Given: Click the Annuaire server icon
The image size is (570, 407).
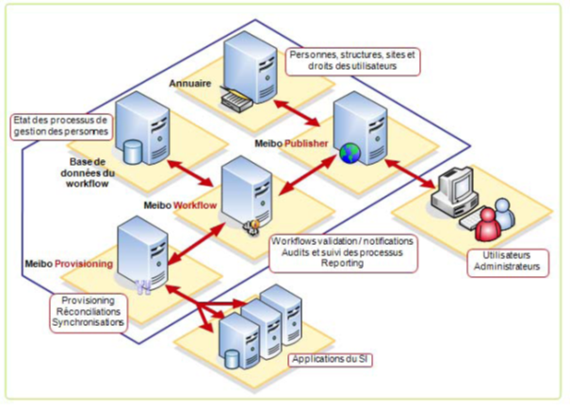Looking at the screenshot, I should coord(248,63).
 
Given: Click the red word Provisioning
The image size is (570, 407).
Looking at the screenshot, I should coord(98,264).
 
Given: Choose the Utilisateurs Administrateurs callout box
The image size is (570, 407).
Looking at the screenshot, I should coord(506,261).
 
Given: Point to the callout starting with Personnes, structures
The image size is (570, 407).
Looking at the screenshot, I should coord(351,60).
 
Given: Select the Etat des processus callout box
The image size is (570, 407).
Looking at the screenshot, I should coord(62,125).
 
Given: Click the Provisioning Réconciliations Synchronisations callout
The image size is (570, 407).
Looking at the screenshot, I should coord(90,312).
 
